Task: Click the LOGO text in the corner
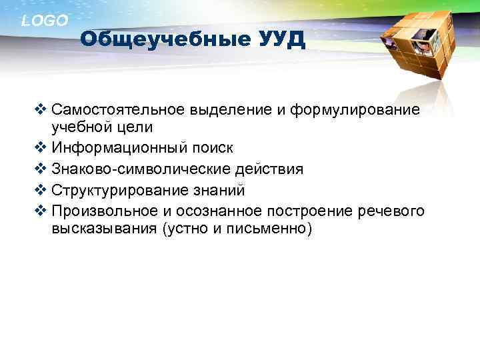tap(45, 21)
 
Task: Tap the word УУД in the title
tap(281, 40)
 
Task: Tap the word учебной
tap(81, 127)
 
